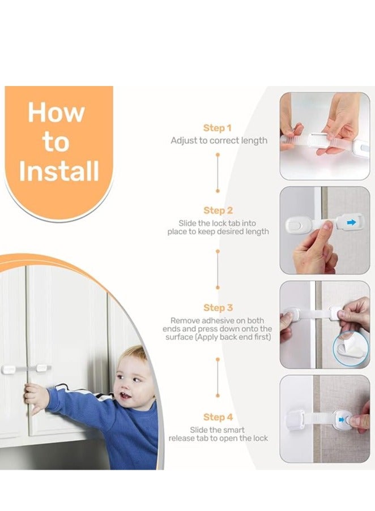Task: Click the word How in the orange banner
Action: tap(56, 113)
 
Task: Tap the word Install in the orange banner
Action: tap(59, 171)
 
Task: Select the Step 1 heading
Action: tap(217, 128)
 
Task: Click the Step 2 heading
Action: tap(218, 211)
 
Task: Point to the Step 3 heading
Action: tap(218, 308)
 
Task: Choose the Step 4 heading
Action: tap(218, 417)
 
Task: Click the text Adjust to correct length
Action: tap(219, 141)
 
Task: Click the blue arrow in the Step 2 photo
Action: tap(351, 222)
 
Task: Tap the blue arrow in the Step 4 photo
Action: tap(341, 420)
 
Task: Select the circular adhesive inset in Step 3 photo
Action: tap(351, 349)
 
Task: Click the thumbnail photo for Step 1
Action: tap(325, 136)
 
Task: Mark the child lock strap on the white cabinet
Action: tap(25, 368)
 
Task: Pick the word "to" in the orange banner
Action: tap(56, 143)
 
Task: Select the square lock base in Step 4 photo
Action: tap(296, 420)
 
